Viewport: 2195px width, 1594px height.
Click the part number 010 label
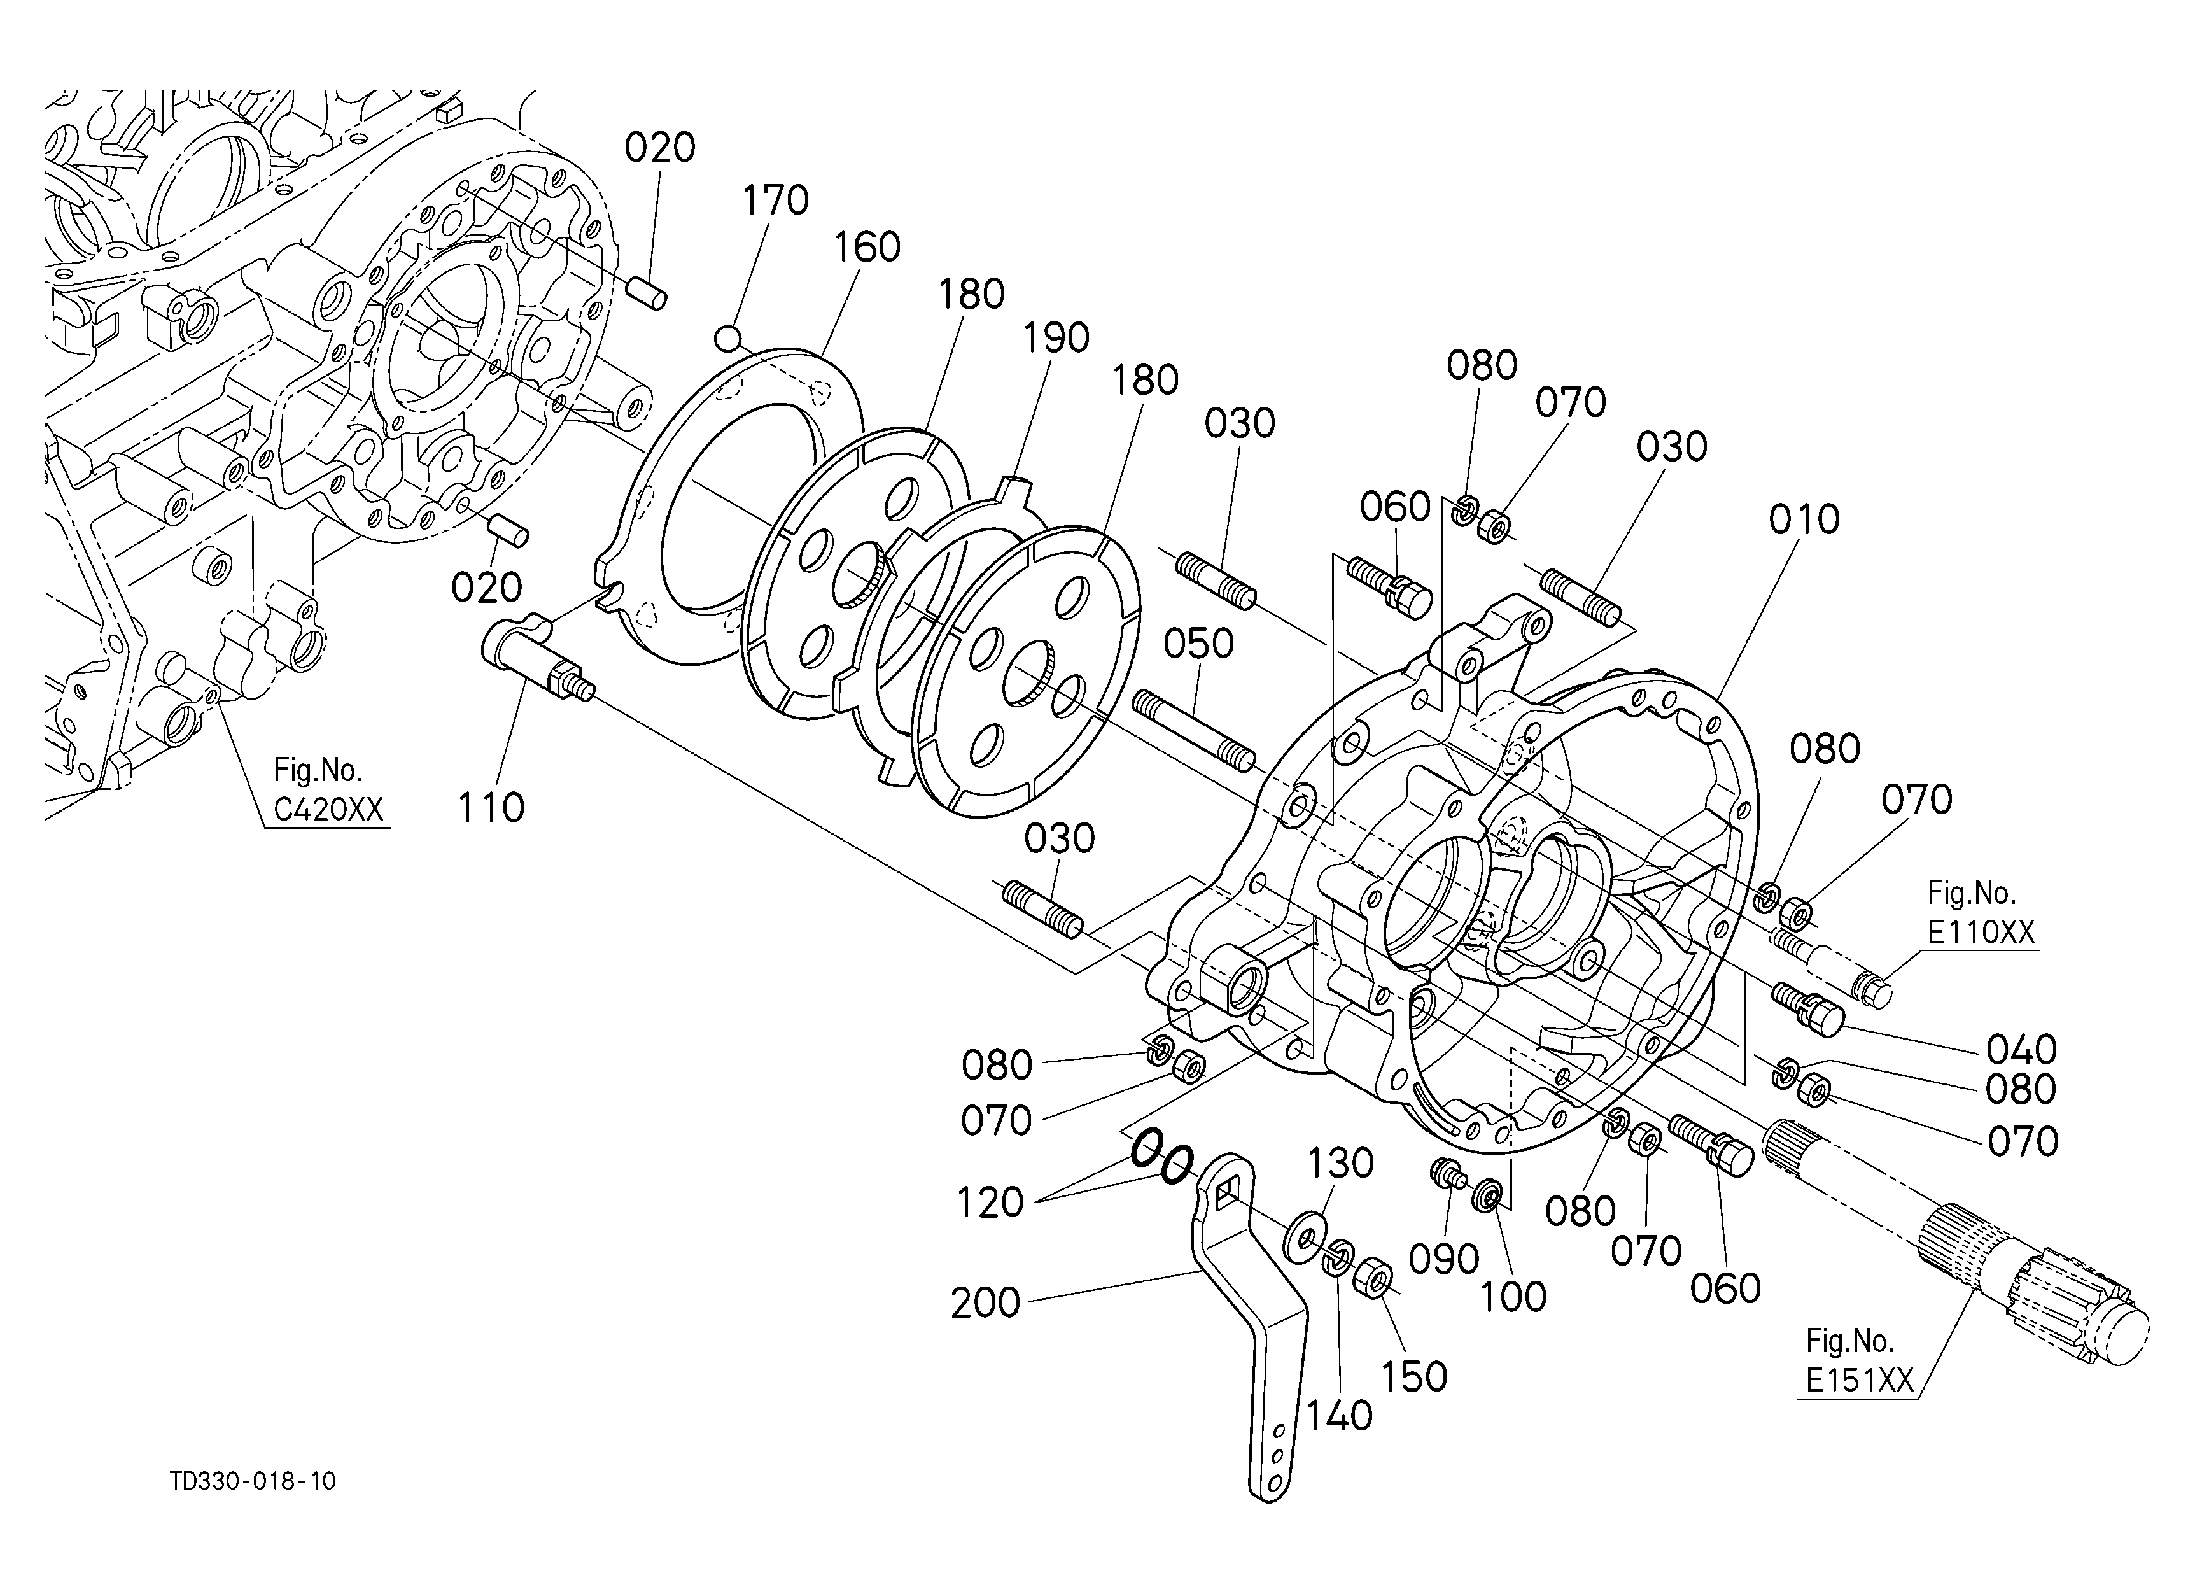(1804, 519)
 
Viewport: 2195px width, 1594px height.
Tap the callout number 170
(775, 201)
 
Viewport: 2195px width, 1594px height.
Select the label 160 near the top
(867, 248)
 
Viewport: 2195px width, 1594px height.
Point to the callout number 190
(1057, 338)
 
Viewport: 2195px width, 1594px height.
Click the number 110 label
(491, 807)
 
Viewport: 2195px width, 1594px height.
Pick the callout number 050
(1198, 644)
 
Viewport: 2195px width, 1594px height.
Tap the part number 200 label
(985, 1302)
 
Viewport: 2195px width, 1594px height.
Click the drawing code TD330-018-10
(253, 1481)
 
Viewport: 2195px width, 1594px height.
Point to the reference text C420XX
(328, 809)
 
